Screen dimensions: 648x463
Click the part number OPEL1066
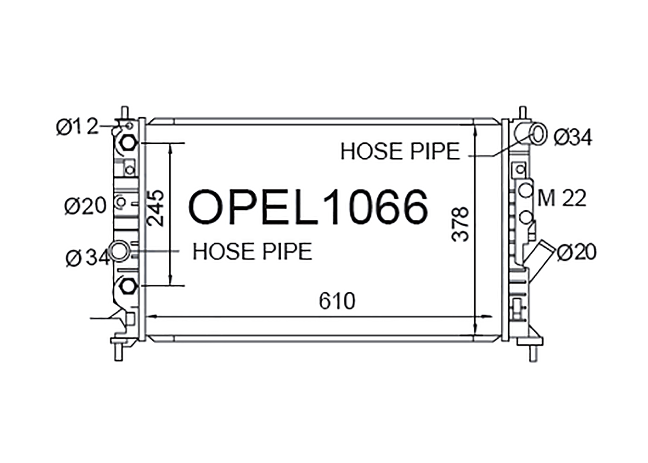click(308, 206)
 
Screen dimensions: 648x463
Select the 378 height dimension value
click(460, 224)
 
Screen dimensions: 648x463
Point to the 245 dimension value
click(156, 208)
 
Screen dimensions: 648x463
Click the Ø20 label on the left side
click(86, 206)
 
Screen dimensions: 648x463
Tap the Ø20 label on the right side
click(577, 252)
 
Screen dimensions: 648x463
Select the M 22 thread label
click(562, 198)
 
